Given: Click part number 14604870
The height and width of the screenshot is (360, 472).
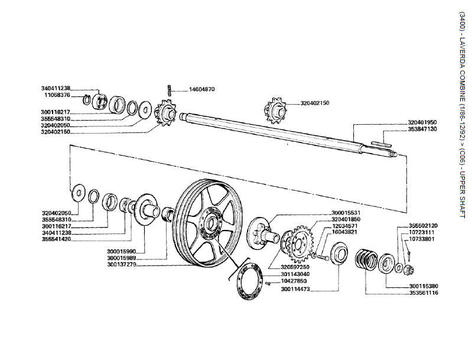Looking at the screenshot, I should pos(201,89).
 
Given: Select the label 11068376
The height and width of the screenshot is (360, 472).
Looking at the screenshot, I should pos(57,95).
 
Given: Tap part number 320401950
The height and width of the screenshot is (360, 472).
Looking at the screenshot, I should pos(422,122).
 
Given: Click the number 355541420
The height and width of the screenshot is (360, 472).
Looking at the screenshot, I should pos(57,240).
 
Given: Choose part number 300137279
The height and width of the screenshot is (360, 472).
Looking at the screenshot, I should pos(122,264).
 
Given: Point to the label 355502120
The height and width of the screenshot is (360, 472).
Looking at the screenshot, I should pos(423,225).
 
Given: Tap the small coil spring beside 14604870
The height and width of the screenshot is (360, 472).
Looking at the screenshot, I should pos(170,91).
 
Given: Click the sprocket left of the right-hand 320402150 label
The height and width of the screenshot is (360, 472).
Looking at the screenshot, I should pos(274,108).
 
